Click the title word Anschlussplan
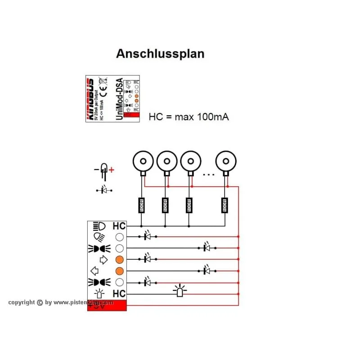160,54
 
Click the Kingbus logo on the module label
90,99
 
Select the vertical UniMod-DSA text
119,99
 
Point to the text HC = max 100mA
189,117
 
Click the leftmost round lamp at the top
143,161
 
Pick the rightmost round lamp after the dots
226,161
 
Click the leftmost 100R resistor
141,206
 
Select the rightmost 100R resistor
225,206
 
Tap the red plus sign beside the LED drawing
112,170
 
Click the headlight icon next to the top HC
99,226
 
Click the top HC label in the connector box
119,226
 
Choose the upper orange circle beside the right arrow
119,260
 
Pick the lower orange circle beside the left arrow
119,271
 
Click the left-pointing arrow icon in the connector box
95,271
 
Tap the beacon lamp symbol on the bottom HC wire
180,292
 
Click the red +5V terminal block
106,305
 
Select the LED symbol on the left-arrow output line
207,271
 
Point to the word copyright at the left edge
22,302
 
